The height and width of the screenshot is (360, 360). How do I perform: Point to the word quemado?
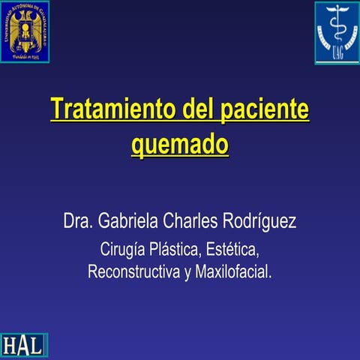click(x=180, y=143)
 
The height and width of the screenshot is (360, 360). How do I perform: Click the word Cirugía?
click(x=125, y=248)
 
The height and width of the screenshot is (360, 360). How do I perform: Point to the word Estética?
click(x=235, y=248)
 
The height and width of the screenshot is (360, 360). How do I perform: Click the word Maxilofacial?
click(x=233, y=271)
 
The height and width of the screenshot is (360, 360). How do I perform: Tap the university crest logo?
click(x=25, y=31)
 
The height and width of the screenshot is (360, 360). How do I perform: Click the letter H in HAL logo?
click(x=10, y=345)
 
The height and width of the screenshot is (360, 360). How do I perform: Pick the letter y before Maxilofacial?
click(x=187, y=272)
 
